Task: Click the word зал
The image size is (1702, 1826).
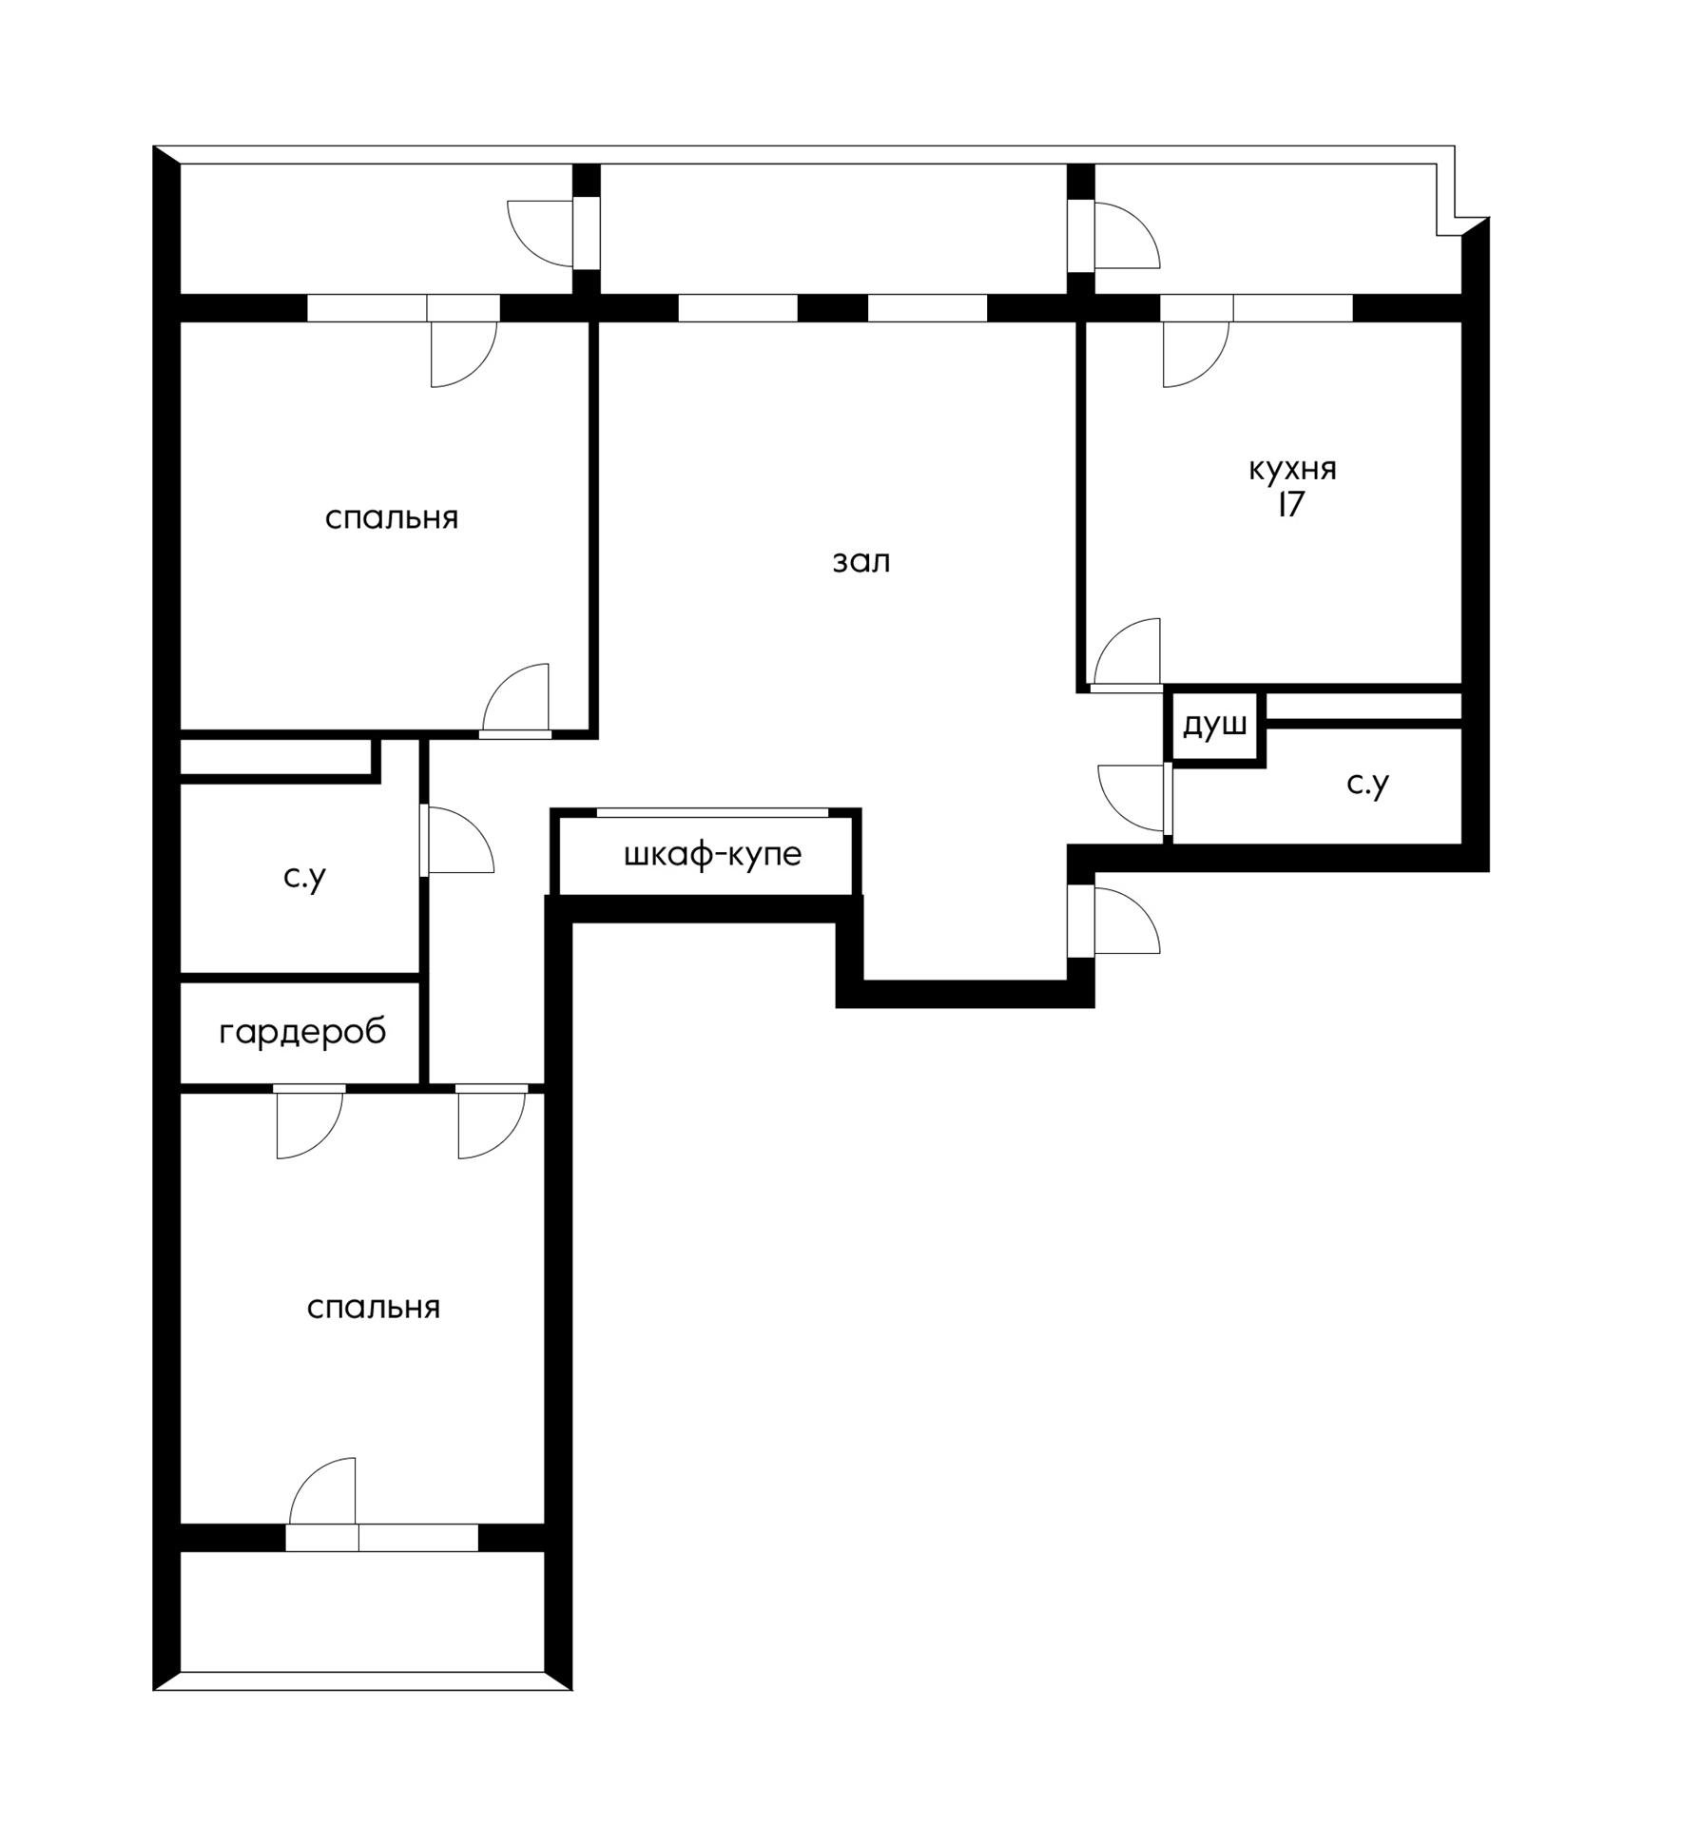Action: (861, 562)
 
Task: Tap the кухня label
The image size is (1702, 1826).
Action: (1292, 469)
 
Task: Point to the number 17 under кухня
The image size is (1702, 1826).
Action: (1290, 504)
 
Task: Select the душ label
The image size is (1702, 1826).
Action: (1214, 726)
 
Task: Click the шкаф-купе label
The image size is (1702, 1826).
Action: (713, 854)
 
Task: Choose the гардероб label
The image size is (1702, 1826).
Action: (302, 1032)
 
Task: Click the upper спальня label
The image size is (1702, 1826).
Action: (392, 518)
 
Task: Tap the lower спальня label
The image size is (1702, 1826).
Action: (374, 1308)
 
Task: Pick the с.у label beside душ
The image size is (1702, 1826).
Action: (1368, 783)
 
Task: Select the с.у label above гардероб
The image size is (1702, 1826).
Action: (304, 877)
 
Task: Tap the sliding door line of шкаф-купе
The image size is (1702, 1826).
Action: (712, 812)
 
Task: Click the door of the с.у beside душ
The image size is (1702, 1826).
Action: (1131, 797)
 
